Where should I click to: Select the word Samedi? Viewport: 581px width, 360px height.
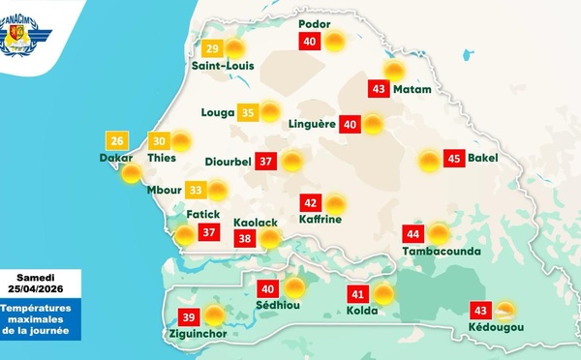(41, 277)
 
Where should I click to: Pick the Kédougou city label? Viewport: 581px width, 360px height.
(495, 328)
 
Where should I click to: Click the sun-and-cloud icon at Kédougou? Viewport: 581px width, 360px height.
(504, 311)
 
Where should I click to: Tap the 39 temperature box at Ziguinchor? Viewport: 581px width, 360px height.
(190, 315)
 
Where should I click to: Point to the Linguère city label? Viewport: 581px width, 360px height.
(312, 124)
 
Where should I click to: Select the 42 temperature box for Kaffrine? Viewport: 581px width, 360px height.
(311, 204)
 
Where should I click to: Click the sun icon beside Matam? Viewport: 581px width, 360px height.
(394, 70)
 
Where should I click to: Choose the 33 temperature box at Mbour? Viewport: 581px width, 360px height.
(196, 191)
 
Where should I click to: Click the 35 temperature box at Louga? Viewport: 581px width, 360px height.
(248, 112)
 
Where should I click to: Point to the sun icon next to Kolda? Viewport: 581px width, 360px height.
(384, 294)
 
